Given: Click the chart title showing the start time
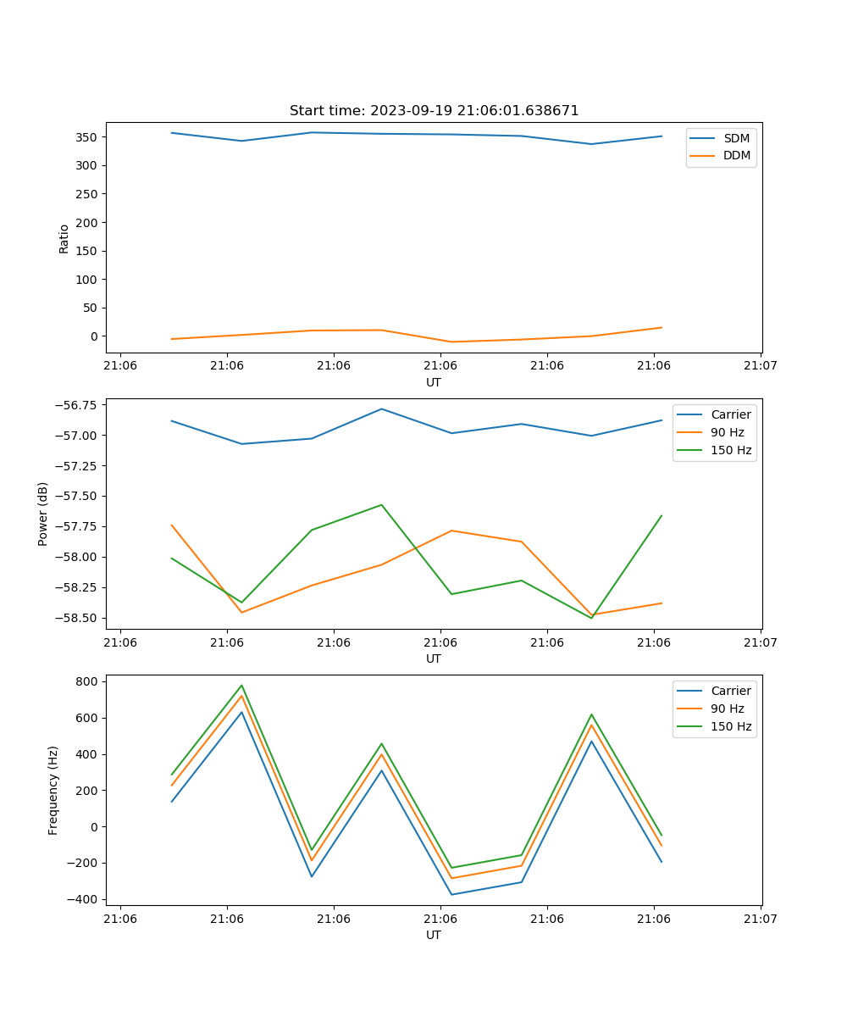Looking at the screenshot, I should point(434,111).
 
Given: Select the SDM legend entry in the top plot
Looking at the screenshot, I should point(736,138).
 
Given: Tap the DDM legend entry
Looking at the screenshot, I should point(736,155).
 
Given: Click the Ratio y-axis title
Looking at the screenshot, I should point(64,238).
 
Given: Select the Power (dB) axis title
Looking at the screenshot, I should point(43,514).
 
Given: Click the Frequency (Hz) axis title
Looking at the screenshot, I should point(53,790).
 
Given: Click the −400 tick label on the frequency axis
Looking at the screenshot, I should point(85,899).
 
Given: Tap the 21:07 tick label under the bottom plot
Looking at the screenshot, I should point(760,918).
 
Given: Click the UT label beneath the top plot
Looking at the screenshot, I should point(434,382).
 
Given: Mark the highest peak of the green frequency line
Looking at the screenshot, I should point(241,686).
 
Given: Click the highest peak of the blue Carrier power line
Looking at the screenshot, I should point(381,408).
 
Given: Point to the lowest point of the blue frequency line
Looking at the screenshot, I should point(451,894).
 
